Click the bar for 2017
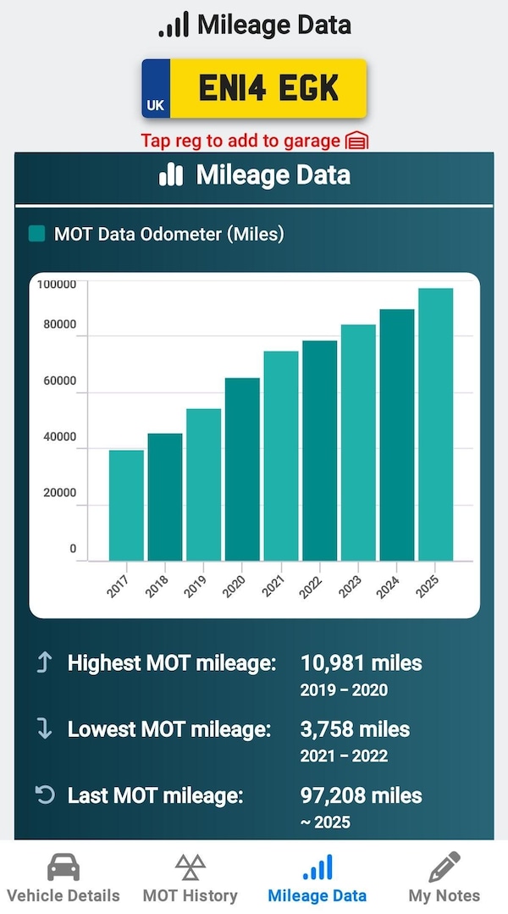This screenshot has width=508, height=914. [x=126, y=505]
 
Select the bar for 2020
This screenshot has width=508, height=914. [x=242, y=469]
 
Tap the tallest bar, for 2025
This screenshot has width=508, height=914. [x=435, y=424]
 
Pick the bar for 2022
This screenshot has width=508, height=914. [x=319, y=451]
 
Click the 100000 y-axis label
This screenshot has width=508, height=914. [x=56, y=284]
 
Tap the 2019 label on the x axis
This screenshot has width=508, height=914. [x=196, y=584]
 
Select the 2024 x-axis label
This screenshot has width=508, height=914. [x=389, y=584]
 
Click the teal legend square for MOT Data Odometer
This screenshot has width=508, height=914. [x=37, y=234]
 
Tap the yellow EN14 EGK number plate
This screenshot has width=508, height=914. [x=254, y=88]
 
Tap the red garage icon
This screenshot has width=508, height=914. [x=357, y=141]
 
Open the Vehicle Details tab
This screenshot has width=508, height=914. [x=63, y=877]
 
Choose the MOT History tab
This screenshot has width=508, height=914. [x=190, y=877]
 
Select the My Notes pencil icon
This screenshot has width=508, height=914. [x=444, y=867]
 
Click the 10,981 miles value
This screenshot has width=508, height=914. [x=361, y=662]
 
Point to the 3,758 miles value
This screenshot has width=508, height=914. [x=355, y=728]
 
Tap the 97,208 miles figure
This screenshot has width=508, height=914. [x=361, y=795]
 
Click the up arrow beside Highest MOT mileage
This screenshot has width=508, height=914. [x=44, y=662]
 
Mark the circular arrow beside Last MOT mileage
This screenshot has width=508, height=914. [x=44, y=795]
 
